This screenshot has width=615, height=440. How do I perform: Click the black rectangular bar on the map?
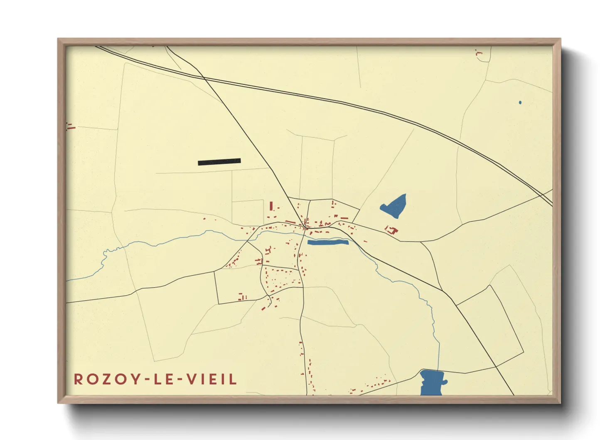(x=219, y=162)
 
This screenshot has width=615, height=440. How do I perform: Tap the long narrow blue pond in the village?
(x=327, y=242)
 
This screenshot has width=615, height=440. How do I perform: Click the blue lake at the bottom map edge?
(x=432, y=382)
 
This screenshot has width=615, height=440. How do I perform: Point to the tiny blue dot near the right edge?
(x=520, y=102)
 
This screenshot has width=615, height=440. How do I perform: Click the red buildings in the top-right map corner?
(x=478, y=53)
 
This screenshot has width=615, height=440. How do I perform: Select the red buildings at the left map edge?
(x=70, y=126)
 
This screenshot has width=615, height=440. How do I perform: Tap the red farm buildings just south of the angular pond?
(x=391, y=230)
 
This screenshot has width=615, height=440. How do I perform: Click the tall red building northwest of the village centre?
(x=271, y=206)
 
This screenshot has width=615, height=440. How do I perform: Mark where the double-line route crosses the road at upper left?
(x=203, y=77)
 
